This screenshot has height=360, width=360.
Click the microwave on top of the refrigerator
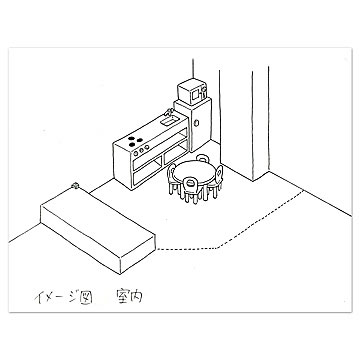(x=193, y=92)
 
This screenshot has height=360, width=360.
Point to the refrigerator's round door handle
(x=197, y=123)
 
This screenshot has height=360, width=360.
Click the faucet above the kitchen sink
(x=168, y=112)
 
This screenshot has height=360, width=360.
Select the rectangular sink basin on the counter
(x=168, y=121)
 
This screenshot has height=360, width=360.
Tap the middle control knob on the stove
(x=141, y=150)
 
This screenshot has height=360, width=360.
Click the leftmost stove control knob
(x=136, y=154)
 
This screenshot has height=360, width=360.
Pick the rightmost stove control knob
(x=147, y=147)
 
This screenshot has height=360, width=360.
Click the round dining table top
(x=195, y=173)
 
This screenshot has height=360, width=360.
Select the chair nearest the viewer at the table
(x=190, y=190)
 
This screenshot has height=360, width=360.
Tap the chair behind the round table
(x=202, y=158)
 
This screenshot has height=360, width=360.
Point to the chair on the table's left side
(x=172, y=178)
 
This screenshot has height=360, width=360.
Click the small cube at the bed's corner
(x=75, y=186)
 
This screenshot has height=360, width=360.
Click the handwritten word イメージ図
(x=63, y=296)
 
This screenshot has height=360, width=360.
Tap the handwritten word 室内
(x=129, y=296)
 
